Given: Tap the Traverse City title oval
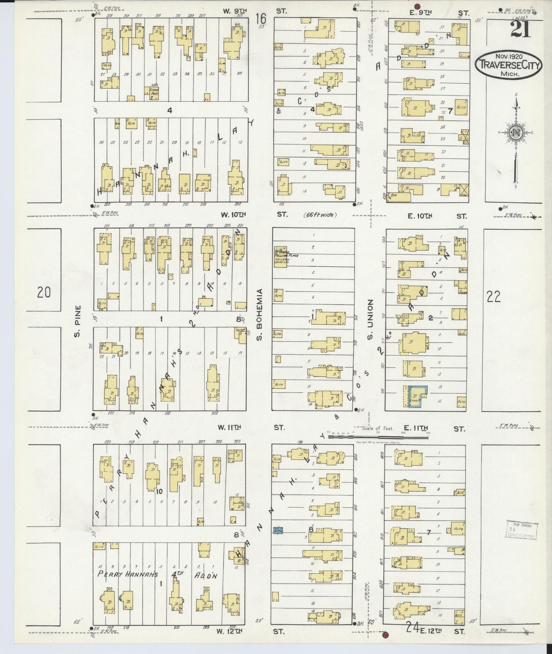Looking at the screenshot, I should point(508,66).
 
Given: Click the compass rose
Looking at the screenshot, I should point(515,132).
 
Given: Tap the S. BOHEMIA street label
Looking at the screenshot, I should point(260,315).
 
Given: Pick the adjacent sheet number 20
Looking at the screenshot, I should point(44,293).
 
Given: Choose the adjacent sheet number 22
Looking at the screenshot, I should point(494,296).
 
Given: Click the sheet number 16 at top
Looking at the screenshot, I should point(261,18).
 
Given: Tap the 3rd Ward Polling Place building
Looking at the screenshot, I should point(280,257).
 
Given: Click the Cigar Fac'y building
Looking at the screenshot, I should point(154,93).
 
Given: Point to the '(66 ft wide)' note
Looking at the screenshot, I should point(321,215).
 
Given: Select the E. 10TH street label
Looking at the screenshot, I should point(420,216).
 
